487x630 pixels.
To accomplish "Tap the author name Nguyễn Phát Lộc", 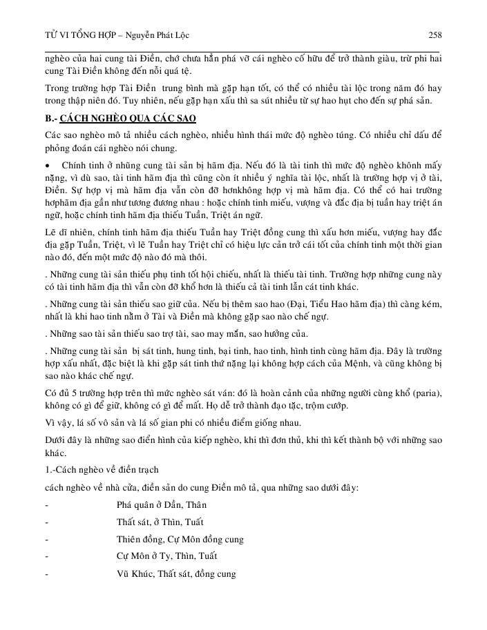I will pyautogui.click(x=160, y=35).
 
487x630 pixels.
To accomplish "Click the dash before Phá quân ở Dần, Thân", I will pyautogui.click(x=46, y=505).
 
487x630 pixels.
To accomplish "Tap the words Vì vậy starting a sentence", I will pyautogui.click(x=57, y=423).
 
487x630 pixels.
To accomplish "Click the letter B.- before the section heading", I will pyautogui.click(x=52, y=117).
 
